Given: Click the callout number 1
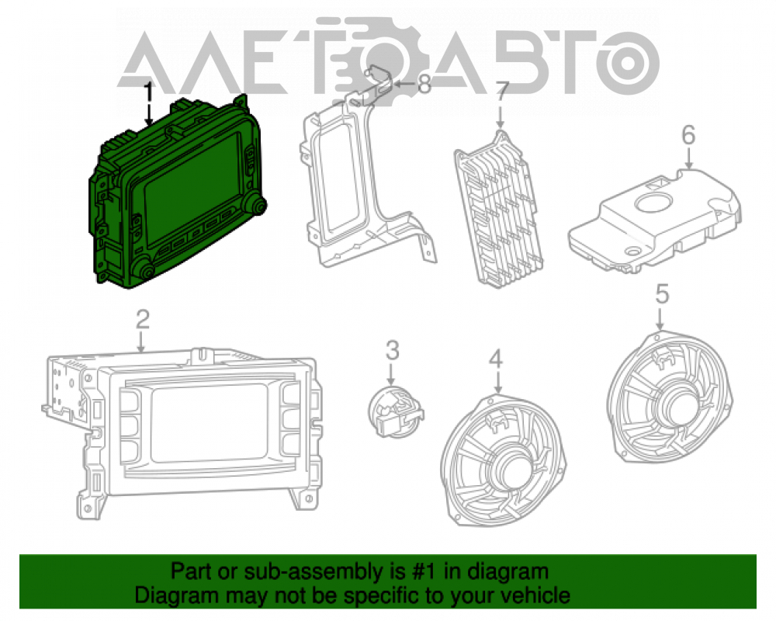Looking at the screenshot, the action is (148, 93).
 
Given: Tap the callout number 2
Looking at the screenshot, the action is (143, 319).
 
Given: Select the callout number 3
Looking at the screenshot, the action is (392, 351).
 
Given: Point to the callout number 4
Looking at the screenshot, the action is (496, 359).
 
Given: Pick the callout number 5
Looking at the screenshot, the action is (662, 293).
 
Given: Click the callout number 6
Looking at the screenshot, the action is (688, 135).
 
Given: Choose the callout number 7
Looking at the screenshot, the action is (502, 93).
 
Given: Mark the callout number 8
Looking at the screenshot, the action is (424, 84).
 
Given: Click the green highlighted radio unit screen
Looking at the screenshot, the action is (191, 186).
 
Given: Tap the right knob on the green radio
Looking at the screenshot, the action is (257, 204).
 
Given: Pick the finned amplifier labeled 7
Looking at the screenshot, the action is (498, 207).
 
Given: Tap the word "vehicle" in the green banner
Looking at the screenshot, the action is (536, 595).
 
